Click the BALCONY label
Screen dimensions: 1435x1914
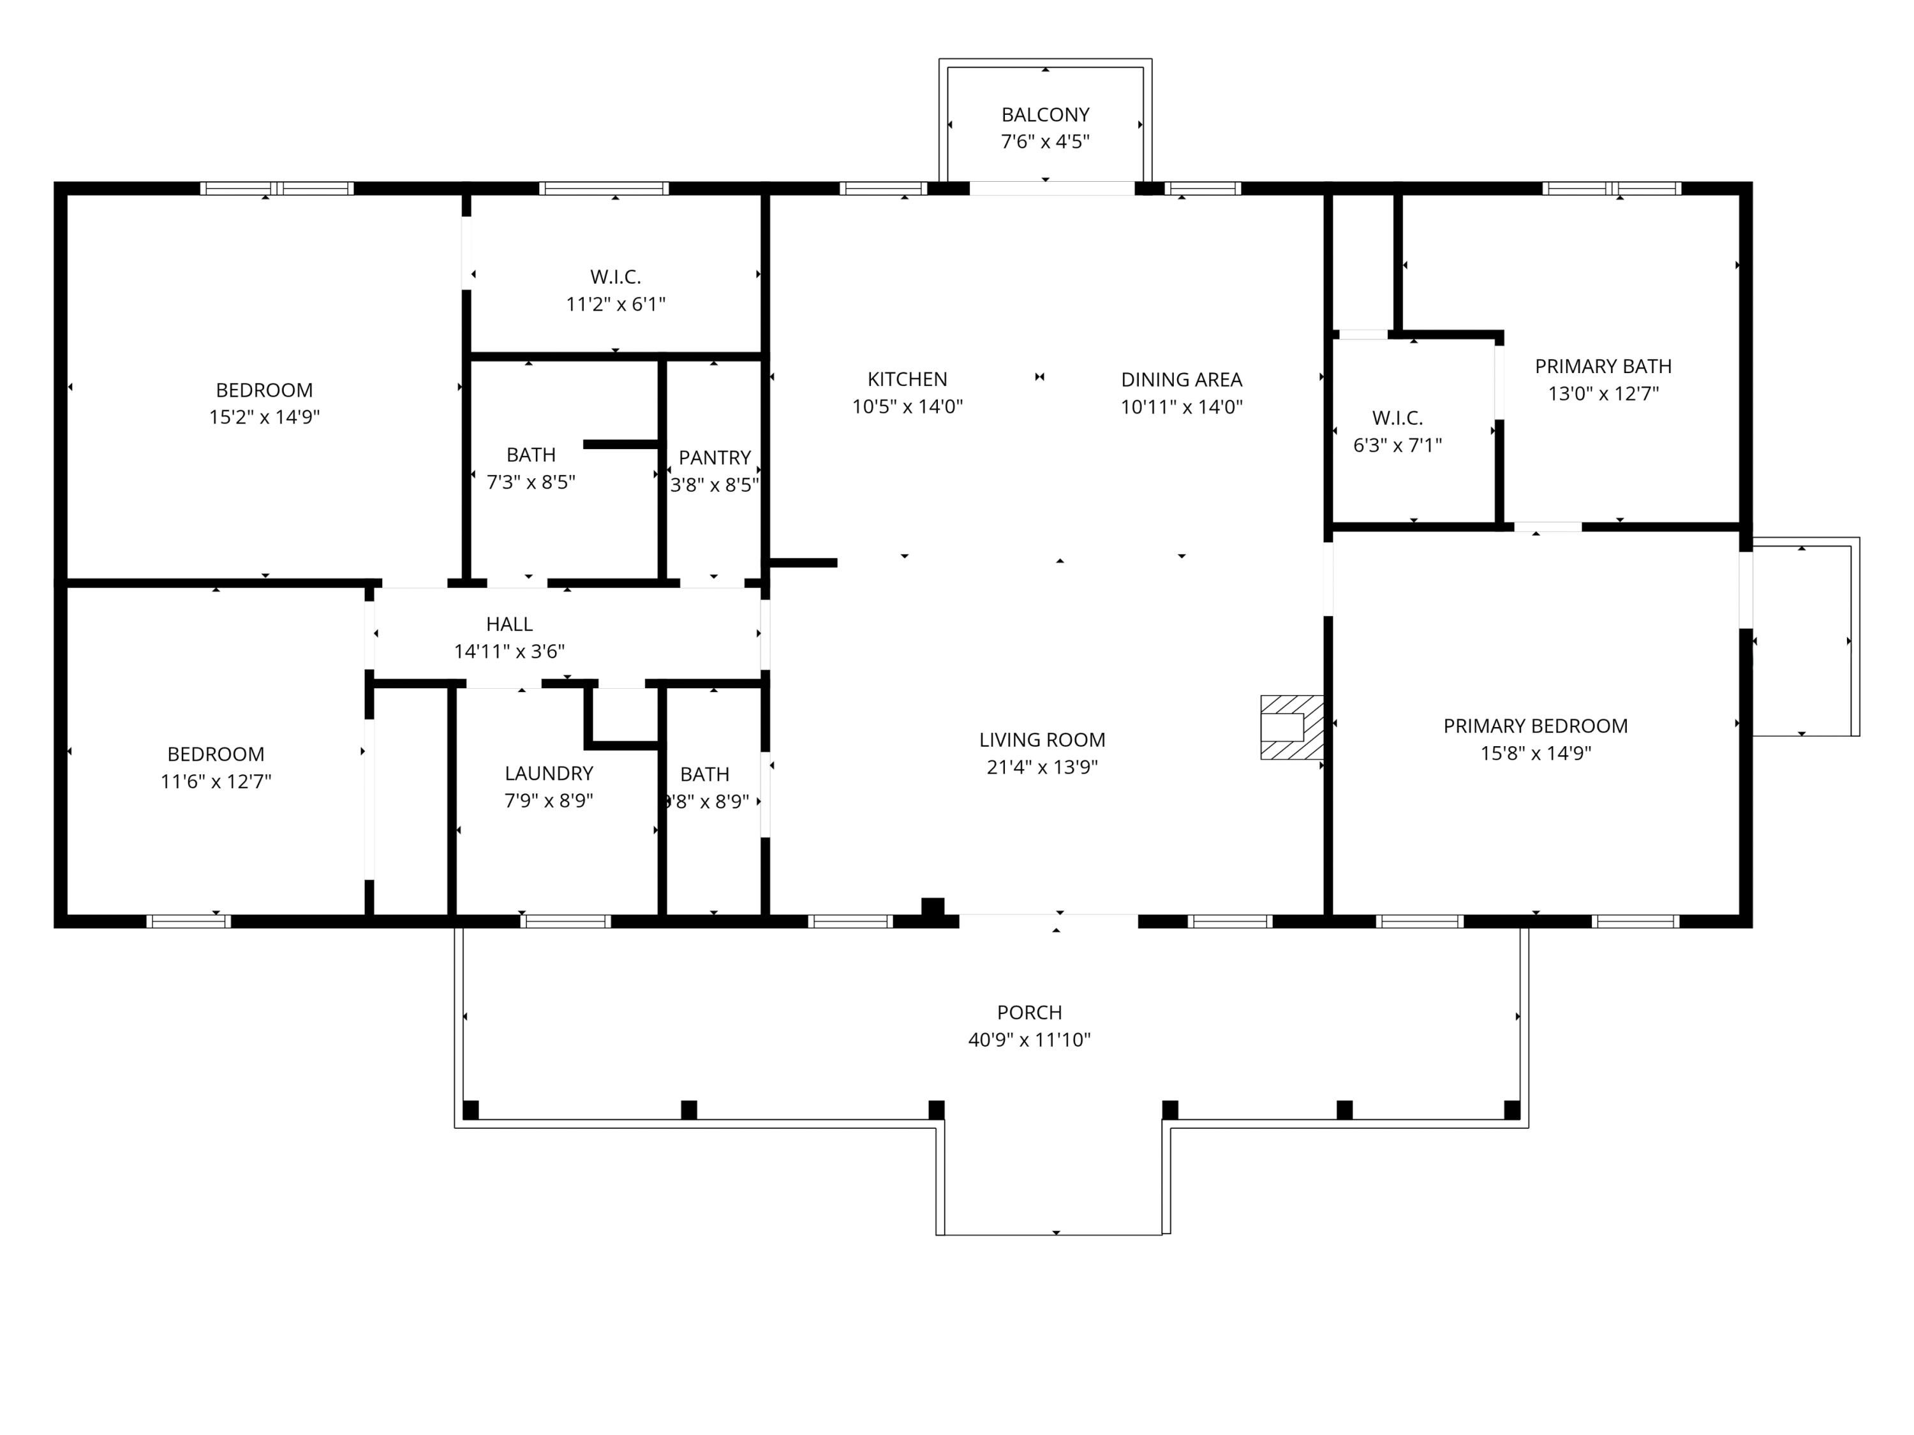(1044, 115)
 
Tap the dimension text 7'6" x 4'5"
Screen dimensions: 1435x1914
(1044, 142)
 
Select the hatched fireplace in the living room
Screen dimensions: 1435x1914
(1291, 728)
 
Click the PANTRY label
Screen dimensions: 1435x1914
(714, 457)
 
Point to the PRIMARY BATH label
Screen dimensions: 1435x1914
(1603, 367)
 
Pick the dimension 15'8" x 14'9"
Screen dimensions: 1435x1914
(1535, 753)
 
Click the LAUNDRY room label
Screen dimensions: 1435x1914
(549, 773)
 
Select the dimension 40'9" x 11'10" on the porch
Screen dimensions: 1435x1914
(1029, 1040)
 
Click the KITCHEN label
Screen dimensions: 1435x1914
(907, 379)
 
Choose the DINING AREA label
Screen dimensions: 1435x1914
(1181, 379)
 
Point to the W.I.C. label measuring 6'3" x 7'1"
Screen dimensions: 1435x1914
(1397, 418)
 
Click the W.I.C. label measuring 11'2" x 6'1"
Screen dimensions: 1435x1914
(615, 277)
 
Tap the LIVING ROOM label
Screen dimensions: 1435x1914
(1042, 740)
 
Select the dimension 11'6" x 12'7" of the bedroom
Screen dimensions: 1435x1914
(216, 782)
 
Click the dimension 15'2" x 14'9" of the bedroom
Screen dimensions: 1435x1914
(264, 418)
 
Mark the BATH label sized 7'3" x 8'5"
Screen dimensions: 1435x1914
(530, 455)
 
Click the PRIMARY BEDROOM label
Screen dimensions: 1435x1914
(1535, 726)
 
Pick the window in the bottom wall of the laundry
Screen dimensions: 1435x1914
(565, 921)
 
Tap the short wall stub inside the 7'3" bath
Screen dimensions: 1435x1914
(621, 445)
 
